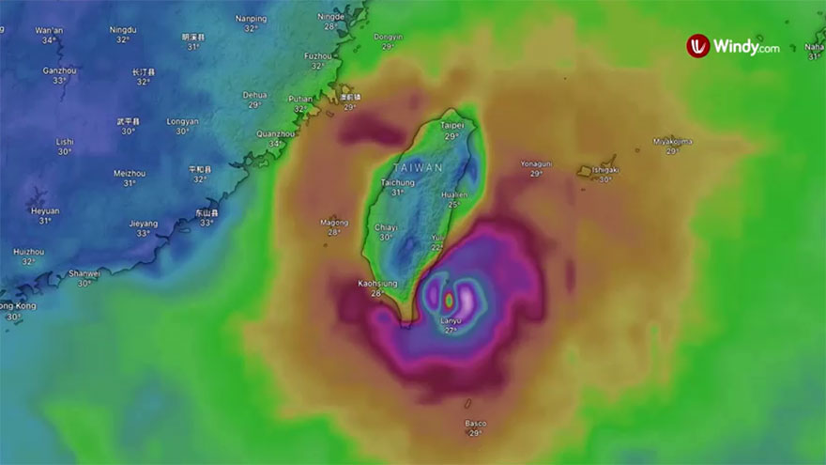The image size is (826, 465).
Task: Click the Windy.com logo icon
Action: tap(697, 46)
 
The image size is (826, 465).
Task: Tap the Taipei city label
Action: tap(452, 125)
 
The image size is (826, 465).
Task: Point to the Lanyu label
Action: tap(451, 321)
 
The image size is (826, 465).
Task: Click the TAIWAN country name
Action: tap(424, 166)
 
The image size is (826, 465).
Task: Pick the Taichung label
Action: tap(398, 182)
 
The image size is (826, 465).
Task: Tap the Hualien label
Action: tap(454, 194)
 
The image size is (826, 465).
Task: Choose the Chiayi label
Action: tap(386, 227)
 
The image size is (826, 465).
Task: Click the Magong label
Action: tap(334, 223)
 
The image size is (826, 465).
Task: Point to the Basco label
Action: tap(476, 424)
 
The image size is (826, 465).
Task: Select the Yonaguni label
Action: tap(536, 163)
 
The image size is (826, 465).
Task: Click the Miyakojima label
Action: tap(672, 141)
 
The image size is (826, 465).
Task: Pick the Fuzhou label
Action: tap(318, 55)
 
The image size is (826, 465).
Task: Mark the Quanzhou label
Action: tap(275, 133)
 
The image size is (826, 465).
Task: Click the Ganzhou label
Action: tap(60, 70)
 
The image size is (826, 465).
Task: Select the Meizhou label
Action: tap(129, 173)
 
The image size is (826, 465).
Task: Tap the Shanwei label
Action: tap(84, 273)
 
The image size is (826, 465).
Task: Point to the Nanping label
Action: tap(251, 18)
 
